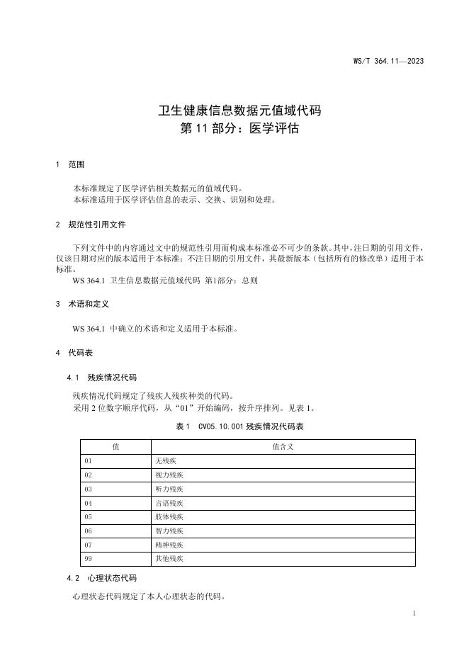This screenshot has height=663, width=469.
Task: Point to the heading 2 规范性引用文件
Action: [91, 225]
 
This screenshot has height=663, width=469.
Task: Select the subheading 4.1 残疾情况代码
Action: [101, 378]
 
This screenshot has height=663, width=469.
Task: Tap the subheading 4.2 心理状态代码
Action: [101, 578]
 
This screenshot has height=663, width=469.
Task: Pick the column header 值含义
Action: [283, 447]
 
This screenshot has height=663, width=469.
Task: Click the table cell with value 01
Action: [89, 461]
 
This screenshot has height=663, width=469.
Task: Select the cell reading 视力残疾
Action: [169, 475]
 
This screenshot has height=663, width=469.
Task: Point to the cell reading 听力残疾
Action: [169, 489]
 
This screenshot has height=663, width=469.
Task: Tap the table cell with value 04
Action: [89, 504]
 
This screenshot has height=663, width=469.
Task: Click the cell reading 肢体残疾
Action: [169, 517]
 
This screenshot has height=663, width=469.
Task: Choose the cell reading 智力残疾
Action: [169, 531]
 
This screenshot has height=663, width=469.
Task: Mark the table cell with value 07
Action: [89, 545]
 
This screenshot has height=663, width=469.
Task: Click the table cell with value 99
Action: [89, 559]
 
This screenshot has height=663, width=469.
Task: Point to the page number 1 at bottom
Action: [413, 613]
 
